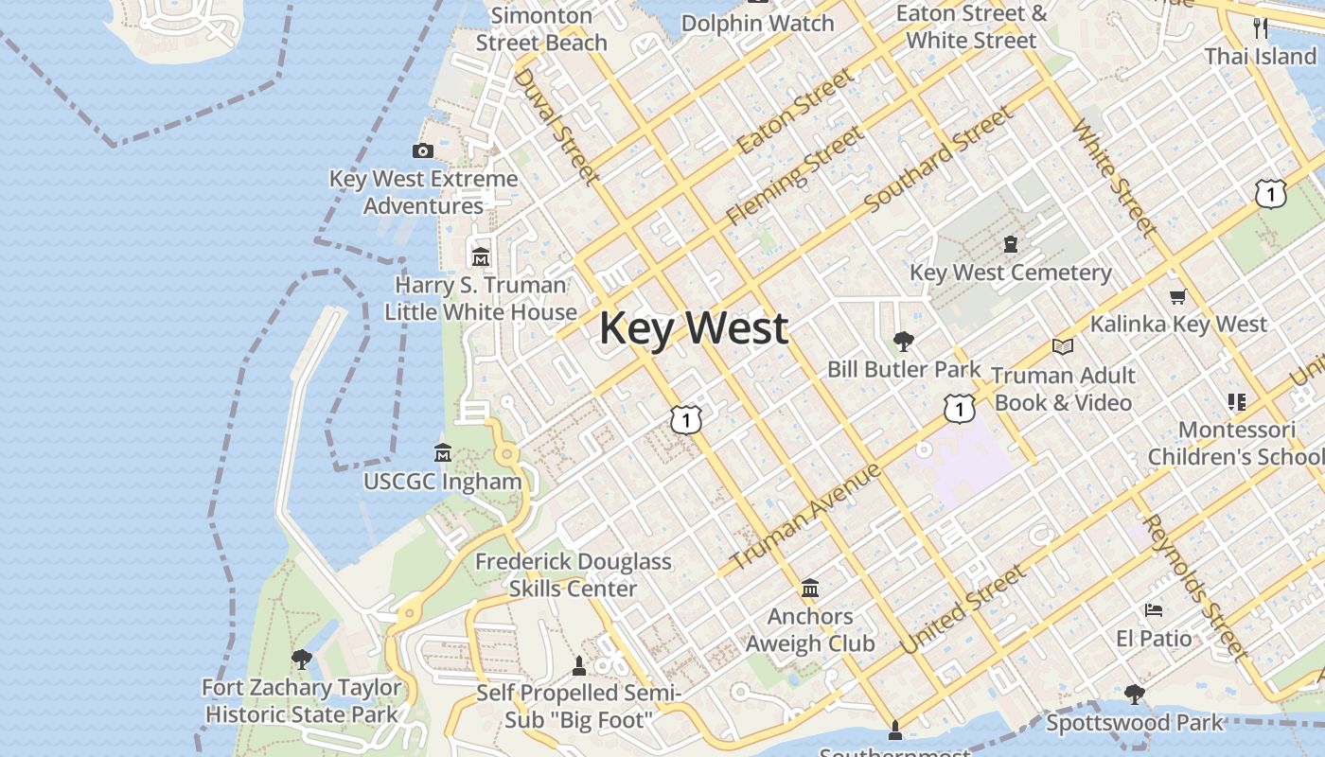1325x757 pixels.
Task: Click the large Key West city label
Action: (x=694, y=328)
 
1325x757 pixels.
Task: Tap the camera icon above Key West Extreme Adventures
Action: (x=423, y=150)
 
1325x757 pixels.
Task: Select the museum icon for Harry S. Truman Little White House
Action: (x=481, y=256)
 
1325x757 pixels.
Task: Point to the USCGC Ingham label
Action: (x=442, y=482)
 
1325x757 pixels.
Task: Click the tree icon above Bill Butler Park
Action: (x=904, y=341)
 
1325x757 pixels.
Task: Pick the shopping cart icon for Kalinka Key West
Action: (x=1178, y=297)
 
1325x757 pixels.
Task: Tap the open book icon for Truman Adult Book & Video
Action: (x=1063, y=347)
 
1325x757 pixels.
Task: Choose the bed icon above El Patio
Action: (x=1153, y=610)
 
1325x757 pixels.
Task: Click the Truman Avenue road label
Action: (x=806, y=517)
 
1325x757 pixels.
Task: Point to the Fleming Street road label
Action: (x=794, y=177)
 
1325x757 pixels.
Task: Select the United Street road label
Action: (x=963, y=609)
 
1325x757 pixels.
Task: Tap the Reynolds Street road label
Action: (x=1194, y=587)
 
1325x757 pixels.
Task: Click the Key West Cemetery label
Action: (x=1010, y=273)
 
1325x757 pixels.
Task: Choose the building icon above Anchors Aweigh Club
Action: (x=810, y=589)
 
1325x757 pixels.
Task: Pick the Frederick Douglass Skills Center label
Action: (x=573, y=574)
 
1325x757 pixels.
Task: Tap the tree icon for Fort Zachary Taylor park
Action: (x=302, y=659)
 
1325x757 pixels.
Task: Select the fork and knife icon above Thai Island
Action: (x=1260, y=27)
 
